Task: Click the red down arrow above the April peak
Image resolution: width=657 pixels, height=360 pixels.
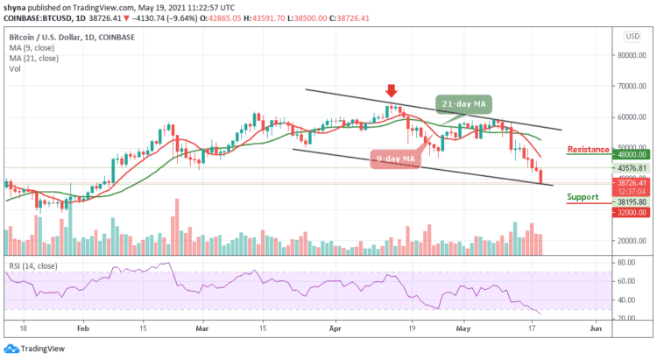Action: point(392,91)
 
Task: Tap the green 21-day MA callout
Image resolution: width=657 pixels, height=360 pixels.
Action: point(463,103)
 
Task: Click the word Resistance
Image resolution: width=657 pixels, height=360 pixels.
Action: point(589,149)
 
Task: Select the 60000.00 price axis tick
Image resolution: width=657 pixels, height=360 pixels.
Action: point(629,116)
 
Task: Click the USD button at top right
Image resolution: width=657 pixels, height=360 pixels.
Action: point(629,37)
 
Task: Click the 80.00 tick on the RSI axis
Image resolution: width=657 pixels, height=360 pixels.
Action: point(626,262)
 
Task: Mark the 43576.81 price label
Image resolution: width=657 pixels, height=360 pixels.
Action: point(629,167)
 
